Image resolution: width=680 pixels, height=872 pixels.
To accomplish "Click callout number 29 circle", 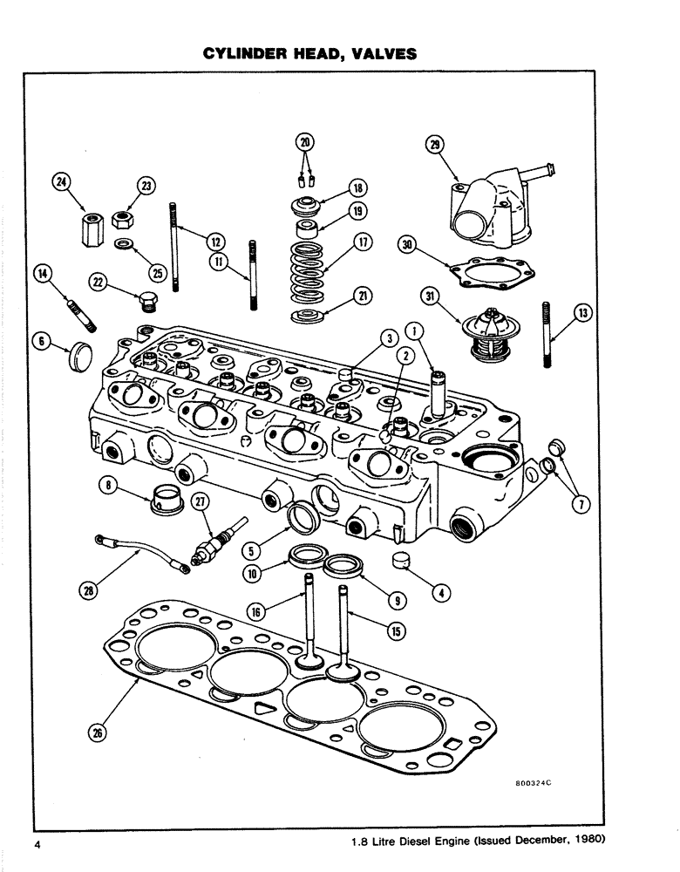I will pos(434,146).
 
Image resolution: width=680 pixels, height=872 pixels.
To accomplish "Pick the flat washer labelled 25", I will pos(124,242).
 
